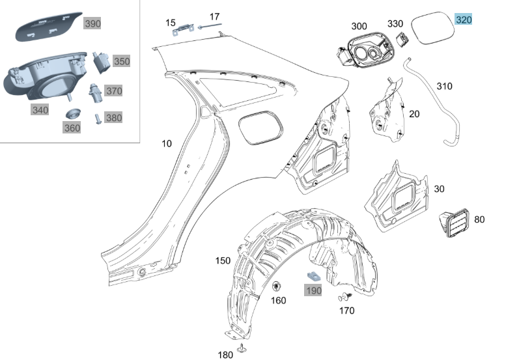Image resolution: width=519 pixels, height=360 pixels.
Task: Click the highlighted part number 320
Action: pyautogui.click(x=464, y=20)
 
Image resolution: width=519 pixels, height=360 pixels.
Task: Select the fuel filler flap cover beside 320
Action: pyautogui.click(x=432, y=29)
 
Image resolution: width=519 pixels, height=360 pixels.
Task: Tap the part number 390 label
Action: pyautogui.click(x=93, y=24)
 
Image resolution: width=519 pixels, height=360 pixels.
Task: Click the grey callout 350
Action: pyautogui.click(x=121, y=61)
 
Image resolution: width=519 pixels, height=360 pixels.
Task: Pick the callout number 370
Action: pyautogui.click(x=113, y=91)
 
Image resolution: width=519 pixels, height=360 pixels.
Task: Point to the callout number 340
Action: pyautogui.click(x=40, y=110)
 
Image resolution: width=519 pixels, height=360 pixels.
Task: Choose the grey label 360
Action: pyautogui.click(x=72, y=128)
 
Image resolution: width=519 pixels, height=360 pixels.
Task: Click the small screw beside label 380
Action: pyautogui.click(x=98, y=118)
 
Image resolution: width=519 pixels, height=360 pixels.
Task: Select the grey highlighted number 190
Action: pyautogui.click(x=314, y=290)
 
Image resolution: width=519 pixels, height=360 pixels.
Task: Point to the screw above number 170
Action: pyautogui.click(x=343, y=298)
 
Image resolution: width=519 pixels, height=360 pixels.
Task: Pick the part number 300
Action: pyautogui.click(x=359, y=26)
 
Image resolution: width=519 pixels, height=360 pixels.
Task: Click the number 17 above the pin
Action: pyautogui.click(x=214, y=16)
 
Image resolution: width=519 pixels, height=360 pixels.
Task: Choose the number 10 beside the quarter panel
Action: pyautogui.click(x=167, y=143)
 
